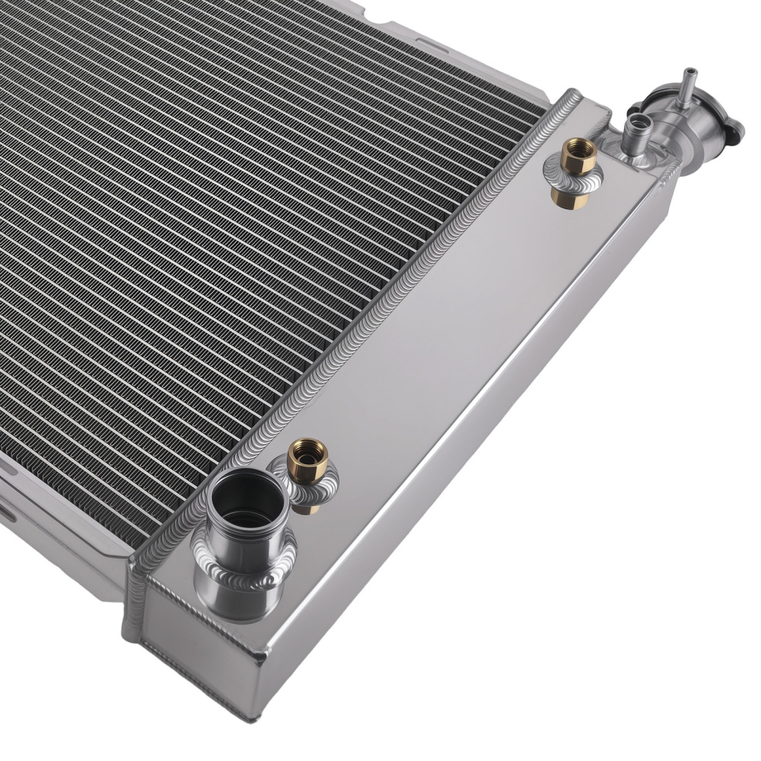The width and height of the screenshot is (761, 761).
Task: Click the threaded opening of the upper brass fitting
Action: [573, 145]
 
